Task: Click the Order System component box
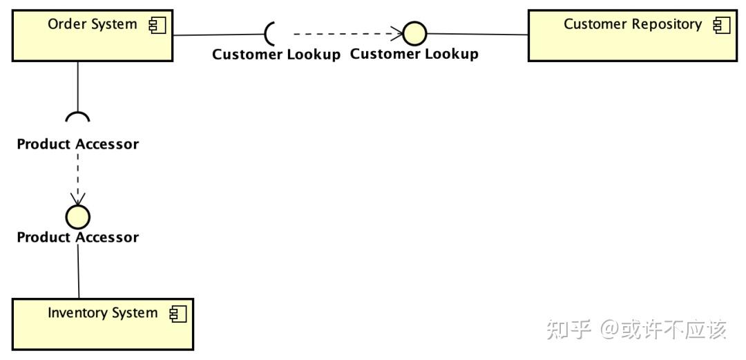(x=93, y=36)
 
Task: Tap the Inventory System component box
(x=103, y=324)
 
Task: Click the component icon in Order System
(x=157, y=26)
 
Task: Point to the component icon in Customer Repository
(x=722, y=26)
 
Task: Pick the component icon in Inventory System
(x=178, y=314)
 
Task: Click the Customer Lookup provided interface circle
(x=415, y=34)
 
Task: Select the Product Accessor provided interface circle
(x=77, y=217)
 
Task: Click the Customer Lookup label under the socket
(x=276, y=55)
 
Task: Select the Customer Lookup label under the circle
(x=414, y=54)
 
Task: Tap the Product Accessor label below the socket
(x=78, y=144)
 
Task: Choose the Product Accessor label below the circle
(x=78, y=237)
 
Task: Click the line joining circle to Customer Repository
(x=478, y=35)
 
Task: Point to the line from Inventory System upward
(x=79, y=272)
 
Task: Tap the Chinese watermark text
(x=637, y=330)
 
